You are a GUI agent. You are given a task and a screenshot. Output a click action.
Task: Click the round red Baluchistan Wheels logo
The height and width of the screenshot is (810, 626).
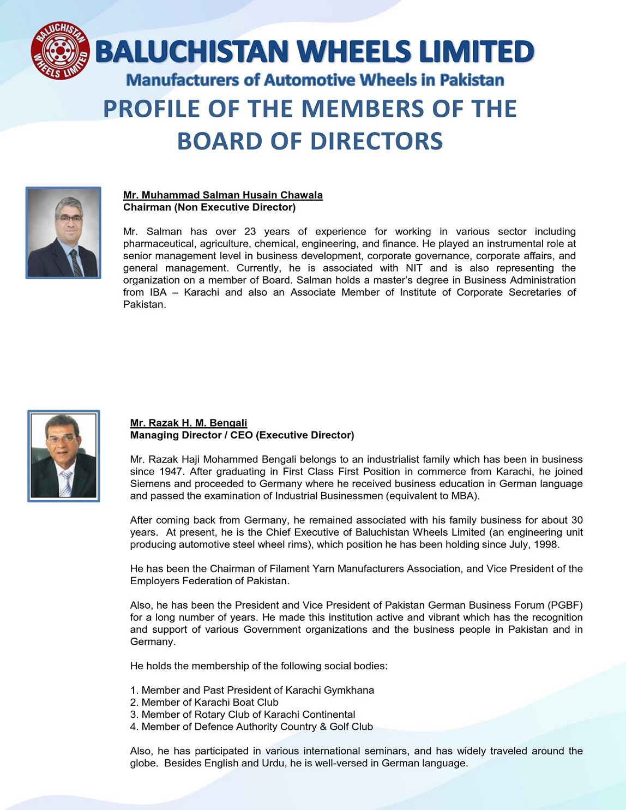coord(60,51)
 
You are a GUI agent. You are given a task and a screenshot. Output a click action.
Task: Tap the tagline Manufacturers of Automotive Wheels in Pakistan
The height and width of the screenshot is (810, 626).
coord(315,80)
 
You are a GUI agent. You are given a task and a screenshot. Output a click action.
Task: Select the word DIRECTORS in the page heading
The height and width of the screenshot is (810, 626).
coord(376,141)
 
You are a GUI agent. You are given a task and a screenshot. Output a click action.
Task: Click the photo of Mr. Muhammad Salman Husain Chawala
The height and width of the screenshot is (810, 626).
coord(63,233)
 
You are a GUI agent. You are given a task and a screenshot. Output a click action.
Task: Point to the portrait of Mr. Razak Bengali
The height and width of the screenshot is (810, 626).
coord(64,456)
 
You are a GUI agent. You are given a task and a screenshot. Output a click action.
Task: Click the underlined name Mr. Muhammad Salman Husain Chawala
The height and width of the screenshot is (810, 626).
coord(222,195)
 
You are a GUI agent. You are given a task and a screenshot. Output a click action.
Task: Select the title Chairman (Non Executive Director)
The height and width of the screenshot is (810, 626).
coord(209,207)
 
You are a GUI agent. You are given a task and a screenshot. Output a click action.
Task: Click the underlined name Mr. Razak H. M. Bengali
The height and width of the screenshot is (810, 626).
coord(188,423)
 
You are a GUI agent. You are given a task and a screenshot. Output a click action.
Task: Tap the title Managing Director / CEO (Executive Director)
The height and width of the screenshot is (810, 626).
coord(242,435)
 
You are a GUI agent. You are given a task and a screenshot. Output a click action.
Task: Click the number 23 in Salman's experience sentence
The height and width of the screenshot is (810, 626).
coord(250,232)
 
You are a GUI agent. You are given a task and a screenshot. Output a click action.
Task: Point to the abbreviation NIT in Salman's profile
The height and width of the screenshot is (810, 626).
coord(414,268)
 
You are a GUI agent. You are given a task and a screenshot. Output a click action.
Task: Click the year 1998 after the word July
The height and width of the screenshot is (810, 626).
coord(546,544)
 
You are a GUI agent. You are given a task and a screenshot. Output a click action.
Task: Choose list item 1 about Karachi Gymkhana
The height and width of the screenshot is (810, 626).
coord(252,691)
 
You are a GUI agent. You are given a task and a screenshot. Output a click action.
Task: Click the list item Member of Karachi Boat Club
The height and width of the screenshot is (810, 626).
coord(204,703)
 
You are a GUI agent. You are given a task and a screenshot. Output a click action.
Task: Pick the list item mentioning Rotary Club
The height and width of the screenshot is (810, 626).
coord(243,715)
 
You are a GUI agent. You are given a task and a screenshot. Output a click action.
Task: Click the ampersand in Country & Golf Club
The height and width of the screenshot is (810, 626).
coord(323,727)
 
